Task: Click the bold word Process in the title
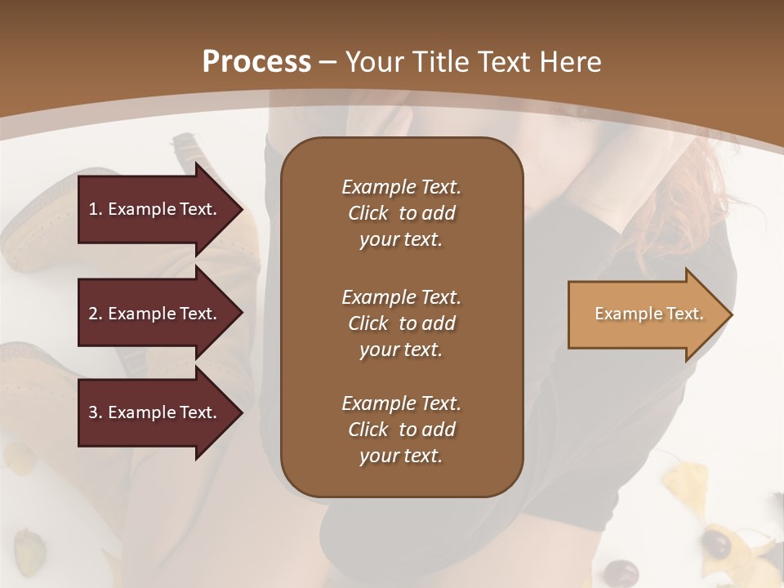click(256, 62)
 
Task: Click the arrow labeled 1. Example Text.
click(155, 209)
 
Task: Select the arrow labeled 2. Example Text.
click(155, 314)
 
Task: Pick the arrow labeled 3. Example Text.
click(155, 412)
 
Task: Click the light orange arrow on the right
click(645, 314)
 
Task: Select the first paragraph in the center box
click(401, 213)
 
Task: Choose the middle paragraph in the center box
click(401, 323)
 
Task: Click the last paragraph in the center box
click(401, 430)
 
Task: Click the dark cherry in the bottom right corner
click(718, 543)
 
